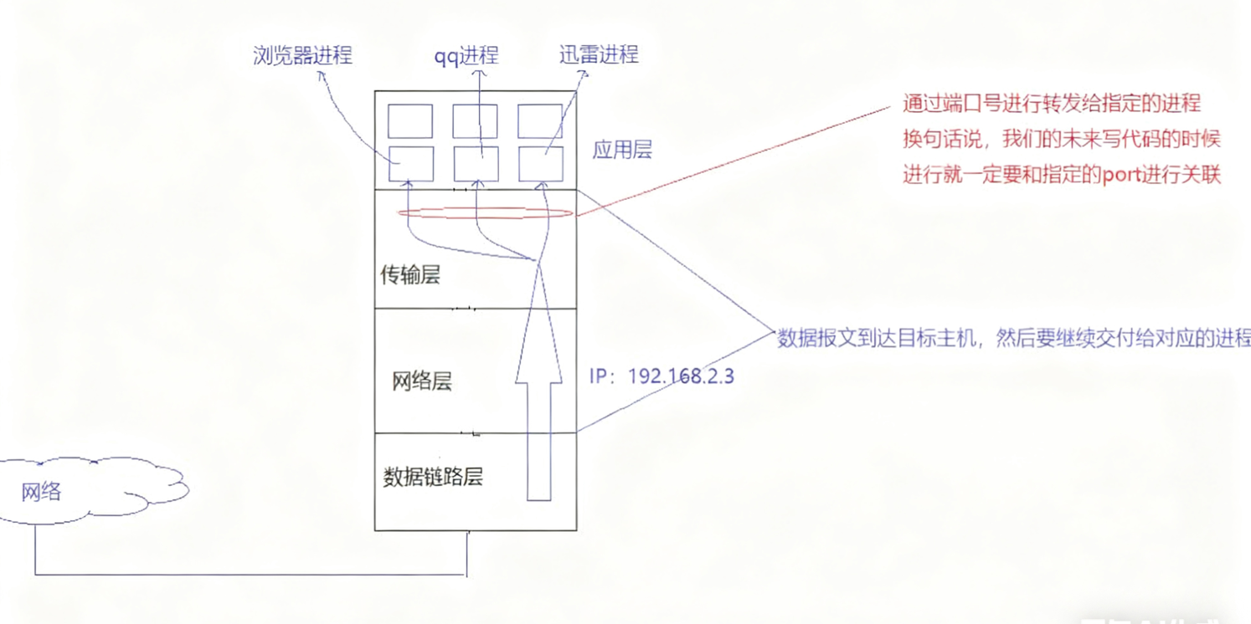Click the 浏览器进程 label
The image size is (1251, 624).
[302, 56]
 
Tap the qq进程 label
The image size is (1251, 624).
[466, 56]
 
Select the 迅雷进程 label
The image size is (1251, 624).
[599, 55]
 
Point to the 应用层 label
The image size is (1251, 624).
[621, 151]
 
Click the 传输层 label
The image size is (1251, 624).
[410, 275]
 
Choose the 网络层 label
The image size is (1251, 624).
[422, 382]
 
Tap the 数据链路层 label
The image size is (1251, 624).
[433, 478]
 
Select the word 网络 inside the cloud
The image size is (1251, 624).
[41, 491]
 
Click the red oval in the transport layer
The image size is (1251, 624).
[485, 214]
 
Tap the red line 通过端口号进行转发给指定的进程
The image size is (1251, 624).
[1052, 104]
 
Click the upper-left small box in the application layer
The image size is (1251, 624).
[410, 121]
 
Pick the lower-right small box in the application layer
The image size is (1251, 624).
[540, 164]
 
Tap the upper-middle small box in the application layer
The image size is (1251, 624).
[475, 121]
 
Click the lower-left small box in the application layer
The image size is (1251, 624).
[410, 164]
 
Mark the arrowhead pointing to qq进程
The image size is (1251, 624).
[480, 74]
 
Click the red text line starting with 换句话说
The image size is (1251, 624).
[1061, 140]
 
